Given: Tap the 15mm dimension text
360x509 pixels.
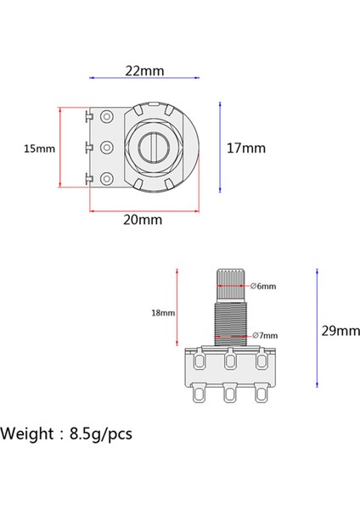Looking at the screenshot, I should click(39, 148).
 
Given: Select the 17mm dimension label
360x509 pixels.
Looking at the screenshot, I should click(246, 148).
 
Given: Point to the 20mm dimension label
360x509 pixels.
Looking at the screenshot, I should click(143, 220).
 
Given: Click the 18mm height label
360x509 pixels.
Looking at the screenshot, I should click(163, 312).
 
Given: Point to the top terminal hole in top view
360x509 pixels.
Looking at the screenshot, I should click(109, 116).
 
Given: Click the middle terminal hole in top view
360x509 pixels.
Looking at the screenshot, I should click(109, 147).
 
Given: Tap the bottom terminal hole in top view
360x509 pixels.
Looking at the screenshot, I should click(109, 177).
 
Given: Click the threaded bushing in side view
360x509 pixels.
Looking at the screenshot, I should click(229, 318).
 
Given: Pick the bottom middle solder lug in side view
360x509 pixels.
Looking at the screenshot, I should click(230, 396).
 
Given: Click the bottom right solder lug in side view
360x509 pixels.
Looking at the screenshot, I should click(261, 394).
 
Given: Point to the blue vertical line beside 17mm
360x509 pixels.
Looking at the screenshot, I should click(221, 148).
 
